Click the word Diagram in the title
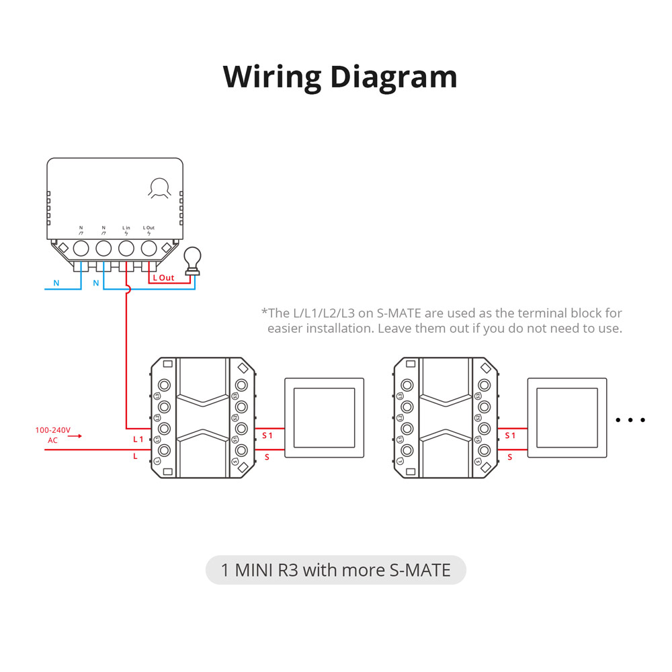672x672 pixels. click(394, 77)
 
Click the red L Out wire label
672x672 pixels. click(163, 278)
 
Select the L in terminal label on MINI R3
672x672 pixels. click(126, 228)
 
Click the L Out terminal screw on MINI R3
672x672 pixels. click(149, 248)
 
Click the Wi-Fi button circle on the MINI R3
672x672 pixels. click(160, 187)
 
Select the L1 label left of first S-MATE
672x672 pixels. click(138, 439)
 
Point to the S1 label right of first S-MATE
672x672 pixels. click(267, 435)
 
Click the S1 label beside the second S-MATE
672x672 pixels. click(510, 435)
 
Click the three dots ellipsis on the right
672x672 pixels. click(630, 420)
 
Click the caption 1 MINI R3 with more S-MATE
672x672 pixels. click(335, 570)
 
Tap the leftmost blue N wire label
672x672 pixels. click(56, 283)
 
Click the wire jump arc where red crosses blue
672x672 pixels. click(126, 289)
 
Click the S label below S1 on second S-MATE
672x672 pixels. click(510, 457)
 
